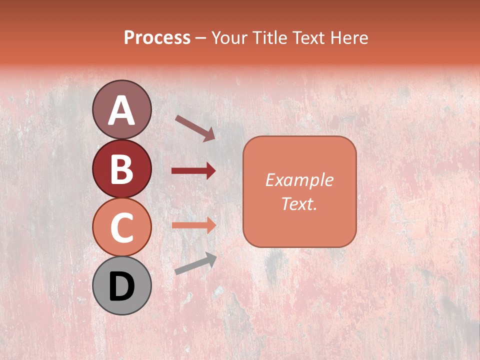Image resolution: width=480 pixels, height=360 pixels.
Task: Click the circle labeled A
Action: pyautogui.click(x=121, y=109)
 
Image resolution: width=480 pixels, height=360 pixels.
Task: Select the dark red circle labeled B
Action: pyautogui.click(x=121, y=168)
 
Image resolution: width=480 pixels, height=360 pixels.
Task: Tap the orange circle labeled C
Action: pyautogui.click(x=121, y=227)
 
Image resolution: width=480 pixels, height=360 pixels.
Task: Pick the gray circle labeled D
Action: pyautogui.click(x=121, y=285)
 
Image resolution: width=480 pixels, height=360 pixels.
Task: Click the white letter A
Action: pyautogui.click(x=121, y=110)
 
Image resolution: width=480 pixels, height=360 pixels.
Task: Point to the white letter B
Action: pyautogui.click(x=121, y=169)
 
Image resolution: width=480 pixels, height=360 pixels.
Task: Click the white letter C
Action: pyautogui.click(x=121, y=228)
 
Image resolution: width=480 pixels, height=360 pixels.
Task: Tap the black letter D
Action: pyautogui.click(x=121, y=286)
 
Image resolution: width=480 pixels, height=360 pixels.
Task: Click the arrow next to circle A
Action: pyautogui.click(x=195, y=128)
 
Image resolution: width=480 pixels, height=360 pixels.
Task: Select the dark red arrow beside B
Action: pyautogui.click(x=193, y=171)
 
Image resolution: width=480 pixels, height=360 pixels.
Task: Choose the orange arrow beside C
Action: pyautogui.click(x=193, y=225)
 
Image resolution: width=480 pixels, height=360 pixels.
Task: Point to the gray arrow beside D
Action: pyautogui.click(x=195, y=264)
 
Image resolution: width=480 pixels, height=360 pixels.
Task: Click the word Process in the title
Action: pyautogui.click(x=157, y=38)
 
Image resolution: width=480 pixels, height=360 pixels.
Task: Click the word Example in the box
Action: pyautogui.click(x=299, y=180)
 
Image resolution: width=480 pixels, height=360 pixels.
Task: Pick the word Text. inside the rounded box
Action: pyautogui.click(x=299, y=203)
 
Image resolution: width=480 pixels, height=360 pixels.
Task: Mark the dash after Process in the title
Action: pyautogui.click(x=201, y=38)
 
